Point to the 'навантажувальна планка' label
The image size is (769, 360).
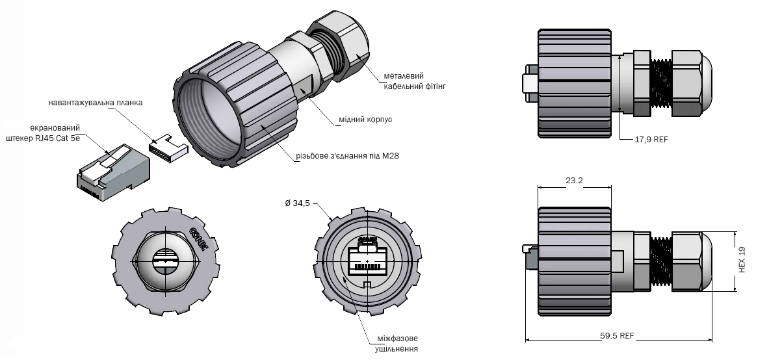(96, 103)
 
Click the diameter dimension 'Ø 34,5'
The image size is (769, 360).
(298, 203)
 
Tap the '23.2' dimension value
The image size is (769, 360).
(574, 180)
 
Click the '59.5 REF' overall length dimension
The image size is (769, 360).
(618, 336)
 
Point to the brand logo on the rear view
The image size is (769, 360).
(200, 238)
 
